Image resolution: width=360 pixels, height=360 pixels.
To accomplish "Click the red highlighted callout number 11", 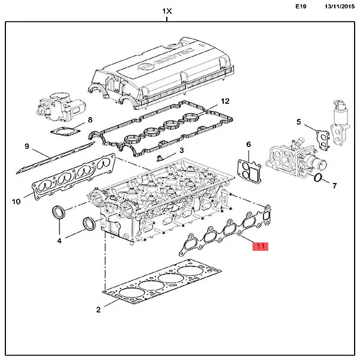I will pyautogui.click(x=261, y=246).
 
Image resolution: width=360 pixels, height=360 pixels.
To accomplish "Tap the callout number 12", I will pyautogui.click(x=225, y=101).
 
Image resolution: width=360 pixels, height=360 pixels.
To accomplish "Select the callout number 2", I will pyautogui.click(x=98, y=310).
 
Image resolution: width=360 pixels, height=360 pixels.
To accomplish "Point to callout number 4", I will pyautogui.click(x=59, y=241).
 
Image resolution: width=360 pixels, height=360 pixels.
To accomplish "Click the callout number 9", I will pyautogui.click(x=26, y=146).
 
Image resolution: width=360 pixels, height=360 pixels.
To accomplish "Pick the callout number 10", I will pyautogui.click(x=16, y=200).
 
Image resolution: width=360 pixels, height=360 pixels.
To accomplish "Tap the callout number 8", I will pyautogui.click(x=90, y=120).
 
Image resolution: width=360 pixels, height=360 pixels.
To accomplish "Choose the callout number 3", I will pyautogui.click(x=181, y=150).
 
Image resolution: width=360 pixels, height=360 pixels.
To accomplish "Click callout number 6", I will pyautogui.click(x=248, y=144).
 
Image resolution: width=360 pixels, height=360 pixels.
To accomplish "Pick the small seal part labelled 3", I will pyautogui.click(x=160, y=158).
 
